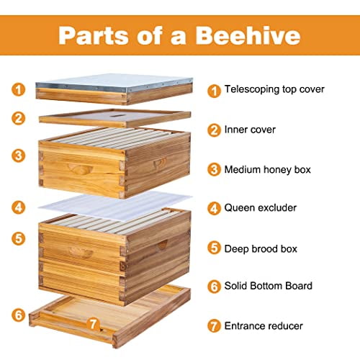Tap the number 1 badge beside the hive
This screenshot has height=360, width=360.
tap(19, 90)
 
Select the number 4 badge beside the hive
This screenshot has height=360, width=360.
tap(19, 207)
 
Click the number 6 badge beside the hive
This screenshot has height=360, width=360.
tap(19, 315)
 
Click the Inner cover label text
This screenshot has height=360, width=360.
tap(251, 130)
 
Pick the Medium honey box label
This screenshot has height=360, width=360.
tap(267, 170)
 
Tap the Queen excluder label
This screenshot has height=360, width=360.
tap(261, 208)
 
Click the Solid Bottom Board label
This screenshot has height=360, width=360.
tap(269, 286)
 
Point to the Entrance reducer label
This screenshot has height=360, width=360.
tap(264, 325)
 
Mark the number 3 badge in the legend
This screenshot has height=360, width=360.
tap(213, 170)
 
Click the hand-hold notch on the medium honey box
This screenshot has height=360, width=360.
tap(80, 168)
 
